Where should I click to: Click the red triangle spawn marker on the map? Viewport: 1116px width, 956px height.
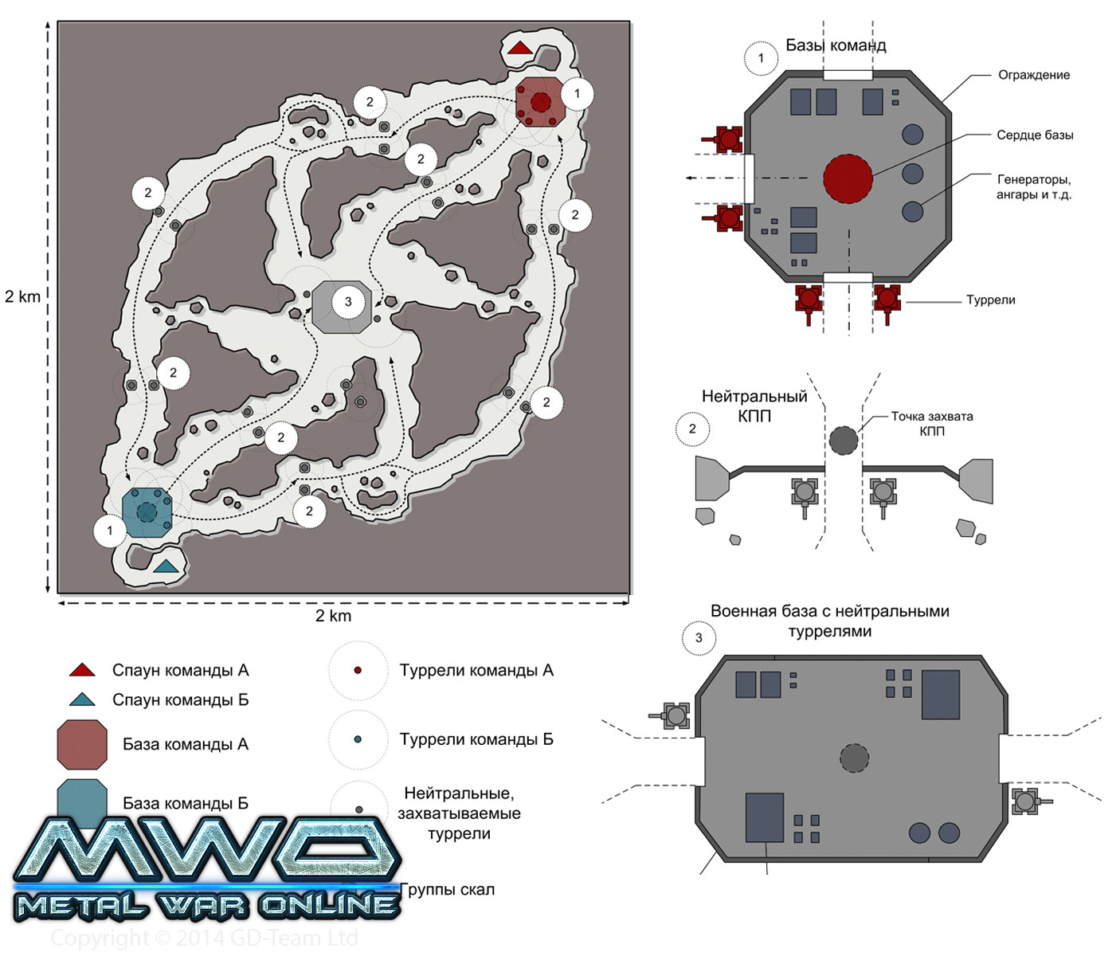tap(519, 48)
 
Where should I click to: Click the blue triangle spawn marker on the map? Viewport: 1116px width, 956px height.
tap(166, 566)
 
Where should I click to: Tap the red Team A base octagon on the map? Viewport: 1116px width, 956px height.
tap(540, 102)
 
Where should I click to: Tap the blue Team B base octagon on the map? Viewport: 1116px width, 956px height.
tap(147, 512)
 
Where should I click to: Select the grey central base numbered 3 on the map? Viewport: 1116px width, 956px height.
tap(342, 306)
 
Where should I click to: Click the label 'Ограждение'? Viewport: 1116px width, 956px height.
tap(1033, 75)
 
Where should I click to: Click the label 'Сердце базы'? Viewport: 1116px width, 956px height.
tap(1034, 135)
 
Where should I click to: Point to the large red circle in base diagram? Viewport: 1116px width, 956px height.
tap(848, 178)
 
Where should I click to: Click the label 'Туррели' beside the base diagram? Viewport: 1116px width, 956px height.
tap(990, 300)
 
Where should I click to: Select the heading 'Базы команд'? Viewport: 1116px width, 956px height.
tap(836, 45)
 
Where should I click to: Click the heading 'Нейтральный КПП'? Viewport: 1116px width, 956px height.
tap(754, 406)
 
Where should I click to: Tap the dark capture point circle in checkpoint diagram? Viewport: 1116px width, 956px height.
tap(844, 440)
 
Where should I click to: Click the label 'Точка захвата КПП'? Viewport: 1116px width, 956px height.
tap(931, 423)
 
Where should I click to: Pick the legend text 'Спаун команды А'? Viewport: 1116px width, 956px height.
tap(180, 671)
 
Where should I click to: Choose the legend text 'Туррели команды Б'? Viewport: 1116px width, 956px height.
tap(476, 739)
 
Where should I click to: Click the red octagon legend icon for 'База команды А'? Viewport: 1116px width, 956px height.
tap(82, 744)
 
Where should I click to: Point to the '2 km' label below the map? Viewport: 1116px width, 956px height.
tap(333, 616)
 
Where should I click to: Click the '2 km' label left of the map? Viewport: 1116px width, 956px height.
tap(22, 296)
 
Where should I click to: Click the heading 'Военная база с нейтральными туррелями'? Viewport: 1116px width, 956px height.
tap(829, 621)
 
